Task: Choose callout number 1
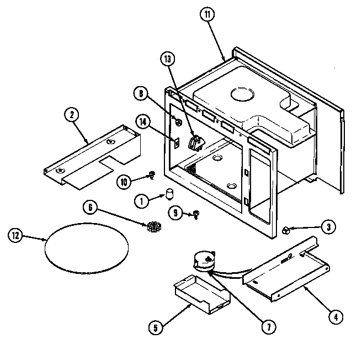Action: pyautogui.click(x=142, y=201)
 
